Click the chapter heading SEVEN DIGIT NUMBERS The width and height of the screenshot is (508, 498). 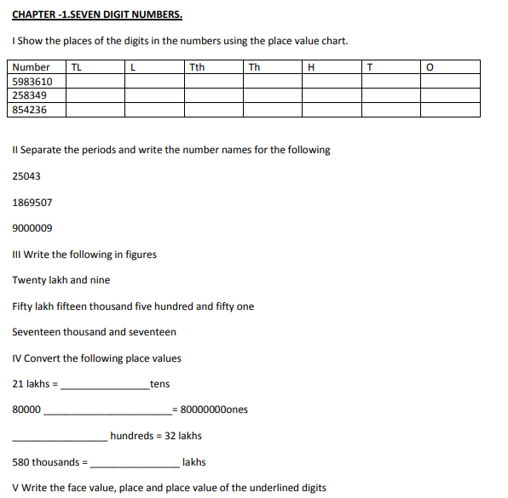pos(97,15)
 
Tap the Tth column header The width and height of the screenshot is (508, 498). pos(197,67)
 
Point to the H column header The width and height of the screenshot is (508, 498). pos(310,67)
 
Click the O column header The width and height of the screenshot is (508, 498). pos(430,67)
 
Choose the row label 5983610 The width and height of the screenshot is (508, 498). pos(32,82)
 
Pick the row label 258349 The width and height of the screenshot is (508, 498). pos(30,95)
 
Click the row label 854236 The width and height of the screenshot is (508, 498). pos(30,110)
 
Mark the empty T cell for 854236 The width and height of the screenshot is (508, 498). pos(390,110)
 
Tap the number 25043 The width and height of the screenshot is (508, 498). pos(26,176)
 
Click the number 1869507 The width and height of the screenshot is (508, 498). pos(32,203)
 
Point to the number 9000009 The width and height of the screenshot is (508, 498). pos(32,228)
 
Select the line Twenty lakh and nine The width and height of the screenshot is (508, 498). pos(61,280)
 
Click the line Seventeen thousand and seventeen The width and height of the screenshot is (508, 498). pos(95,332)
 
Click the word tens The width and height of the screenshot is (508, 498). pos(159,384)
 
